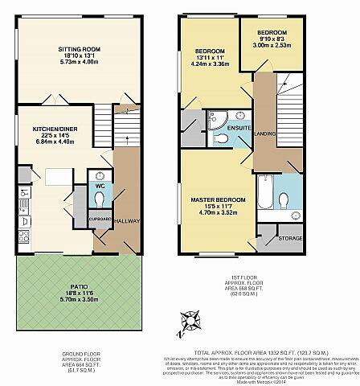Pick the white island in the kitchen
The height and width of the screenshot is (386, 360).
click(x=57, y=176)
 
